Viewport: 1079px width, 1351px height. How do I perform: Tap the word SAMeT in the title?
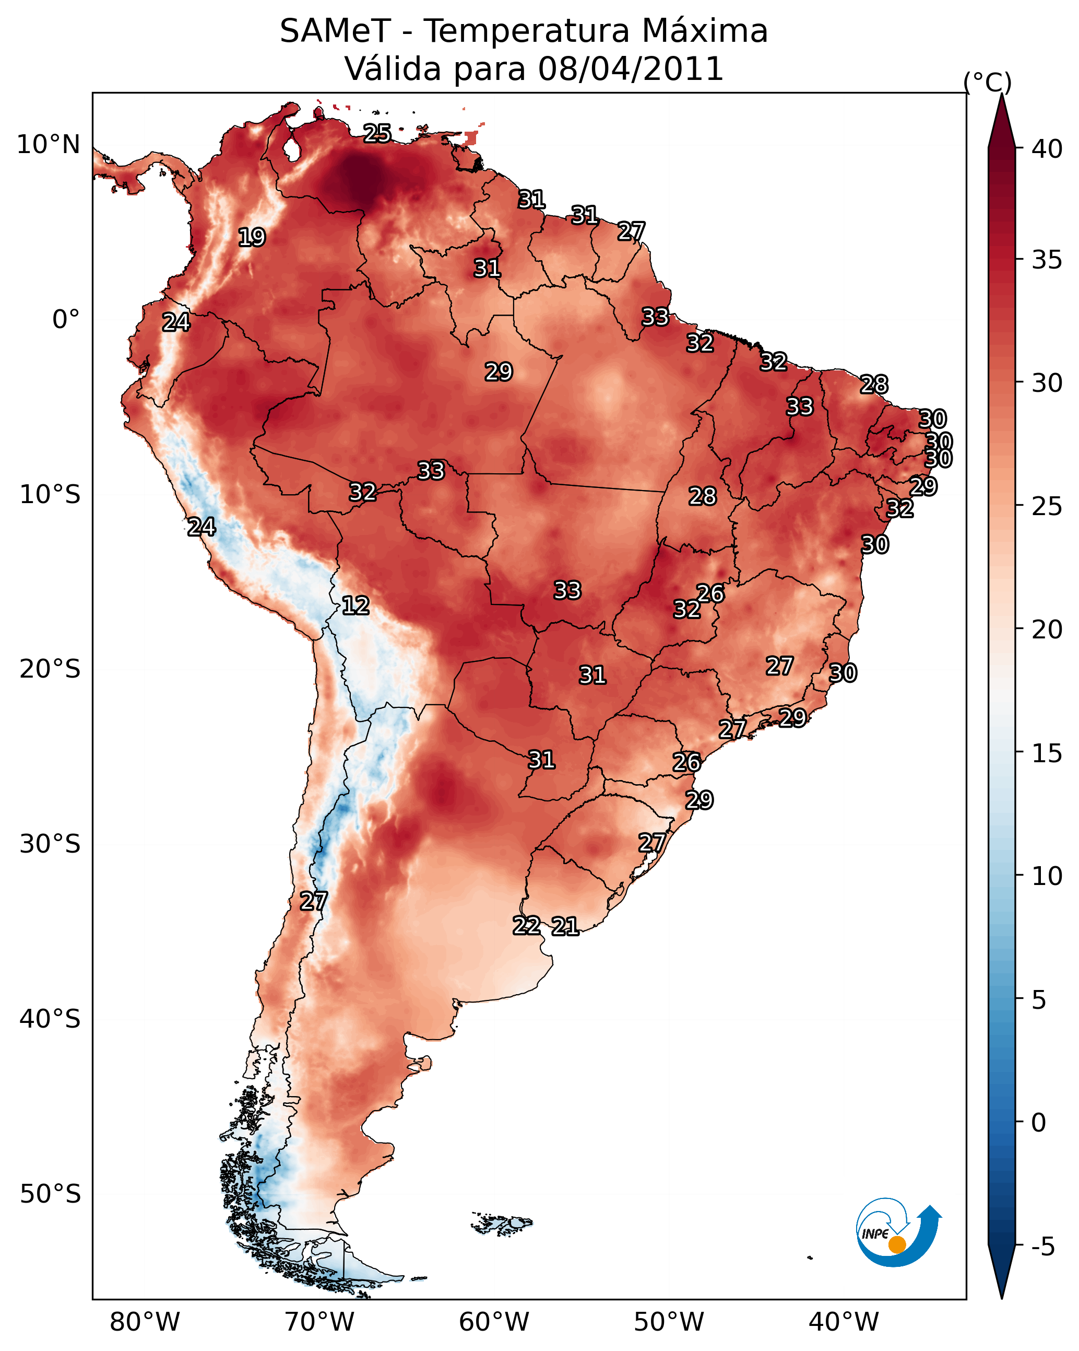pos(335,31)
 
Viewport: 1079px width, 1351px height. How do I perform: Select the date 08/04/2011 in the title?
pos(631,69)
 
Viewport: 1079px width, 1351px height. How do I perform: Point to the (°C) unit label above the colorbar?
pos(987,82)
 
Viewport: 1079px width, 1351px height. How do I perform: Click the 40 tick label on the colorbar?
pos(1047,149)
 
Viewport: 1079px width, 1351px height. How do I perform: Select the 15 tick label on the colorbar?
pos(1047,753)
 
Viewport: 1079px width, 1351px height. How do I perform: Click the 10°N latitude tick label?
pos(49,145)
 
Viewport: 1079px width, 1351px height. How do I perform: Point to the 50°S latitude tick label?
pos(50,1194)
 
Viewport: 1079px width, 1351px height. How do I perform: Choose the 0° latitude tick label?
pos(66,320)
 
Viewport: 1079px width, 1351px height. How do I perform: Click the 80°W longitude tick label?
pos(145,1322)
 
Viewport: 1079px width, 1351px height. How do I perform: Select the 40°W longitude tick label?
pos(844,1322)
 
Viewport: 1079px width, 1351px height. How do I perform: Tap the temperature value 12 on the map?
pos(355,605)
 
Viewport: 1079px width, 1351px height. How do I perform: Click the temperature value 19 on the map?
pos(252,237)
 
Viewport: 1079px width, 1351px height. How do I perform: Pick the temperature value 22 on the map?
pos(527,926)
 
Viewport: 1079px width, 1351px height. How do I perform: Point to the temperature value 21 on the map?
pos(565,926)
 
